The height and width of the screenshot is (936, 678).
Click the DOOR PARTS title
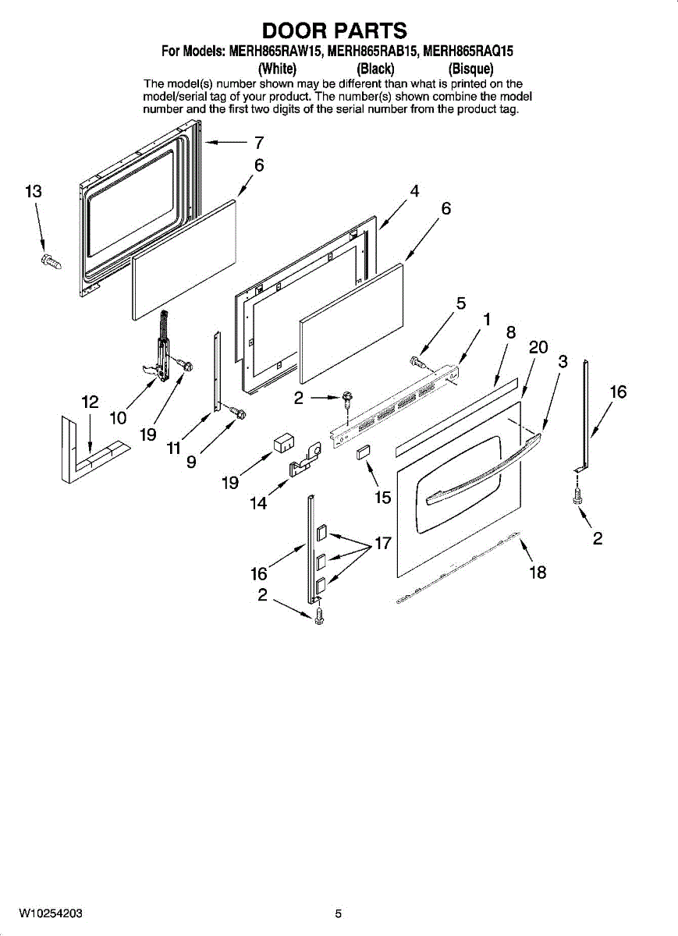[334, 30]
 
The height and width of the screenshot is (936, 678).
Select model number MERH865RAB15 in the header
[374, 52]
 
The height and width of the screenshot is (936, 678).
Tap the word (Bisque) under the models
[470, 69]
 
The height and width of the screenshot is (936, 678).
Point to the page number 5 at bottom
[339, 913]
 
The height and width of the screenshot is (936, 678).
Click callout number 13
[33, 192]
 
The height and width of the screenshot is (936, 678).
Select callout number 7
[259, 143]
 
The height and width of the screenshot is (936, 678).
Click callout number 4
[414, 191]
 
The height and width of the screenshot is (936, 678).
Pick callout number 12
[90, 402]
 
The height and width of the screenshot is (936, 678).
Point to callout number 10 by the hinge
[118, 417]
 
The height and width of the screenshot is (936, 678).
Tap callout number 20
[538, 348]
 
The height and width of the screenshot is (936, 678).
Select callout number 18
[538, 573]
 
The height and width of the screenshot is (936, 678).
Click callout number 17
[382, 544]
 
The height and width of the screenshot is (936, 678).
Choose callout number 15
[382, 496]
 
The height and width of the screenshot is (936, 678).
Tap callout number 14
[258, 504]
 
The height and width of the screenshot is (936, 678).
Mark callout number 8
[511, 331]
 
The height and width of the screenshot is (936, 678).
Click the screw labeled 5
[415, 361]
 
